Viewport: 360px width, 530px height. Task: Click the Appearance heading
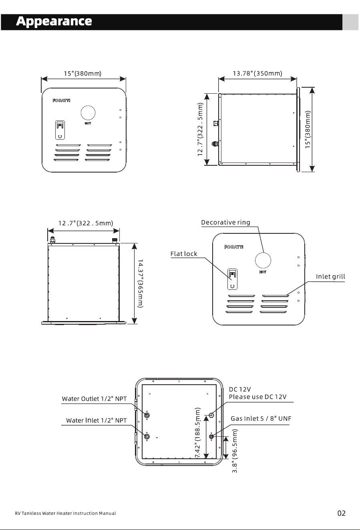[x=54, y=22]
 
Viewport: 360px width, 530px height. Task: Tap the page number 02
[x=341, y=513]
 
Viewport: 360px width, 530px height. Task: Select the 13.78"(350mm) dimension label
[x=257, y=73]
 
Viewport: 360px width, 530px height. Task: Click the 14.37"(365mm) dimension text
[x=141, y=283]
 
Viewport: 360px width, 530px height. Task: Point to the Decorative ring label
[x=225, y=223]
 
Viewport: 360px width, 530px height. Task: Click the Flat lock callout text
[x=184, y=254]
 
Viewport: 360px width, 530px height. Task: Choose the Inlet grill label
[x=330, y=277]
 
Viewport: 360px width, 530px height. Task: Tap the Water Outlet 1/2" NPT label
[x=94, y=399]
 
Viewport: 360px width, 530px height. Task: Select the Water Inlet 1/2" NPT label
[x=97, y=420]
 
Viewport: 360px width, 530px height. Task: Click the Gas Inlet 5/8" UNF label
[x=261, y=419]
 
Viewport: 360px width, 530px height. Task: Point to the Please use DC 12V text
[x=257, y=397]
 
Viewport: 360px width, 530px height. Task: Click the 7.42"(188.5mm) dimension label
[x=198, y=433]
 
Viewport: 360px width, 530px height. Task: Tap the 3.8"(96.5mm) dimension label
[x=234, y=451]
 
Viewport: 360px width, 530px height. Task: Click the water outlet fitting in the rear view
[x=147, y=415]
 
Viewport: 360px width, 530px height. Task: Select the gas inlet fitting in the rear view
[x=211, y=436]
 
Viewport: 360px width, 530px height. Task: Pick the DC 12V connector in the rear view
[x=211, y=415]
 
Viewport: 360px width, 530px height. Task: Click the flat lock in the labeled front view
[x=232, y=279]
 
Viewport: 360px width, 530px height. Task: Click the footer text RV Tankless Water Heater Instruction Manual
[x=65, y=513]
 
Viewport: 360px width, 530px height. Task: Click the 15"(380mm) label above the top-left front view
[x=82, y=73]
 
